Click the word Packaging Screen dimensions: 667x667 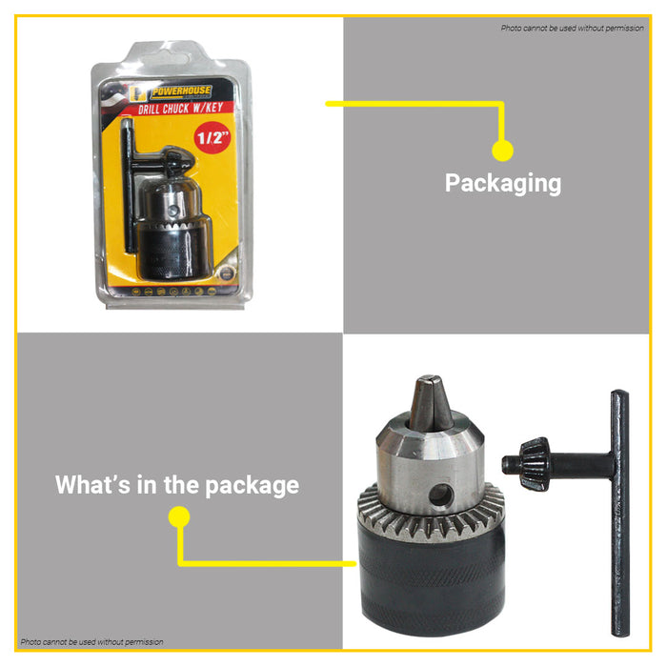click(502, 183)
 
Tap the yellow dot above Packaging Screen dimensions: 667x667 click(502, 151)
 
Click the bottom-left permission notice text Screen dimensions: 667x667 click(91, 642)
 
